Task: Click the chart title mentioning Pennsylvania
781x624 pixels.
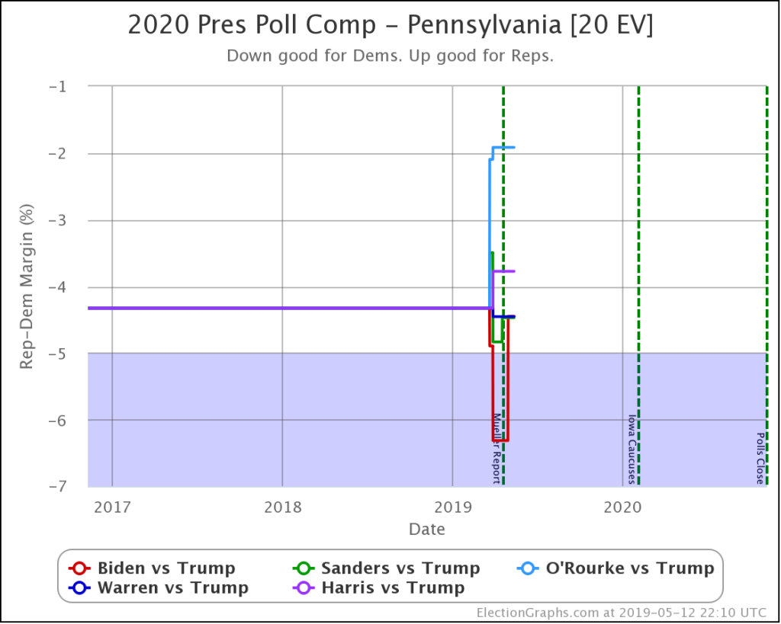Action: (390, 25)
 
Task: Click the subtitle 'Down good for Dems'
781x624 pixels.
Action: (390, 56)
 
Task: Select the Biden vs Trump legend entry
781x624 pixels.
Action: (153, 568)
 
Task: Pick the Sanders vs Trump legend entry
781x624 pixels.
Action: (387, 568)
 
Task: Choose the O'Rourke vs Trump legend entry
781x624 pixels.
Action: (615, 568)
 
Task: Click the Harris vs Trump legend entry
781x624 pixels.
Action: (379, 587)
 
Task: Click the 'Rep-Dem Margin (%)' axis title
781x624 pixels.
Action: (27, 286)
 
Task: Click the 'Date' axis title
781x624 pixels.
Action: (427, 529)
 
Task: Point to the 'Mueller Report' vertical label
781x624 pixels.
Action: (496, 448)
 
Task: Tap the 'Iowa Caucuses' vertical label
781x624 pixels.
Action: (632, 449)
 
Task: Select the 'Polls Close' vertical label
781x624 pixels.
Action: (760, 459)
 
